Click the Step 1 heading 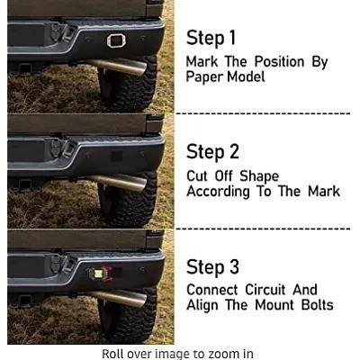[211, 38]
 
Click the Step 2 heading [212, 152]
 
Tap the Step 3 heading [212, 266]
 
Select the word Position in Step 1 [280, 62]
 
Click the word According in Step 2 [218, 192]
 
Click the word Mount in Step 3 [274, 305]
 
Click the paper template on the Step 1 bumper [116, 40]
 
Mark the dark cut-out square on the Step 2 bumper [117, 157]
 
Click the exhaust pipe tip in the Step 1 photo [141, 69]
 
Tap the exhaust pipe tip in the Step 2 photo [141, 184]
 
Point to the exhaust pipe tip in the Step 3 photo [141, 299]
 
